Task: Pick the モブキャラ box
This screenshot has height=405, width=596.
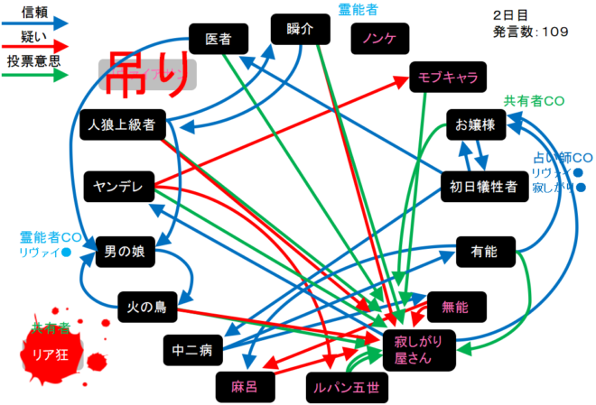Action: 447,78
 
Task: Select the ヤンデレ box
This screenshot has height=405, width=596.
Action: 118,185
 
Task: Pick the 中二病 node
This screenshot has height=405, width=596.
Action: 191,348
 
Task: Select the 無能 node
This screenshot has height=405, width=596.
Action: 457,307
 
